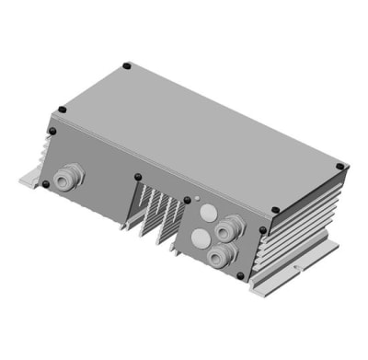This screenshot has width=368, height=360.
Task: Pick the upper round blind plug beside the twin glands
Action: point(205,213)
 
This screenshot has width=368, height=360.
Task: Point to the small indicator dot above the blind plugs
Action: point(200,196)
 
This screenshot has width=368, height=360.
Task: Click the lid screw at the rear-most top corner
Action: point(126,65)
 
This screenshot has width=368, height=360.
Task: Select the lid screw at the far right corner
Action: point(339,167)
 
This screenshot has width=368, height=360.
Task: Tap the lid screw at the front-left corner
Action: point(62,110)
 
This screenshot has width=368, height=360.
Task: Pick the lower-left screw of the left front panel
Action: point(44,183)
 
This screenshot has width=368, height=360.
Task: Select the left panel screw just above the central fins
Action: point(138,177)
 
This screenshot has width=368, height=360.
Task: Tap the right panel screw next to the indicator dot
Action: point(188,197)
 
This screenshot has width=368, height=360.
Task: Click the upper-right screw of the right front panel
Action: point(262,230)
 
